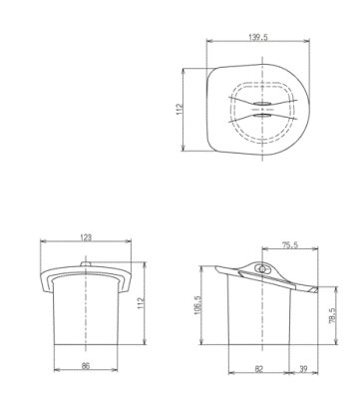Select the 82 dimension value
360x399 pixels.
tap(257, 368)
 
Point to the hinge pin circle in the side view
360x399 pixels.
tap(264, 268)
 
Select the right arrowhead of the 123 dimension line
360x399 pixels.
tap(132, 242)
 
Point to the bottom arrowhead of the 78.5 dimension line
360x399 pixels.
tap(326, 343)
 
